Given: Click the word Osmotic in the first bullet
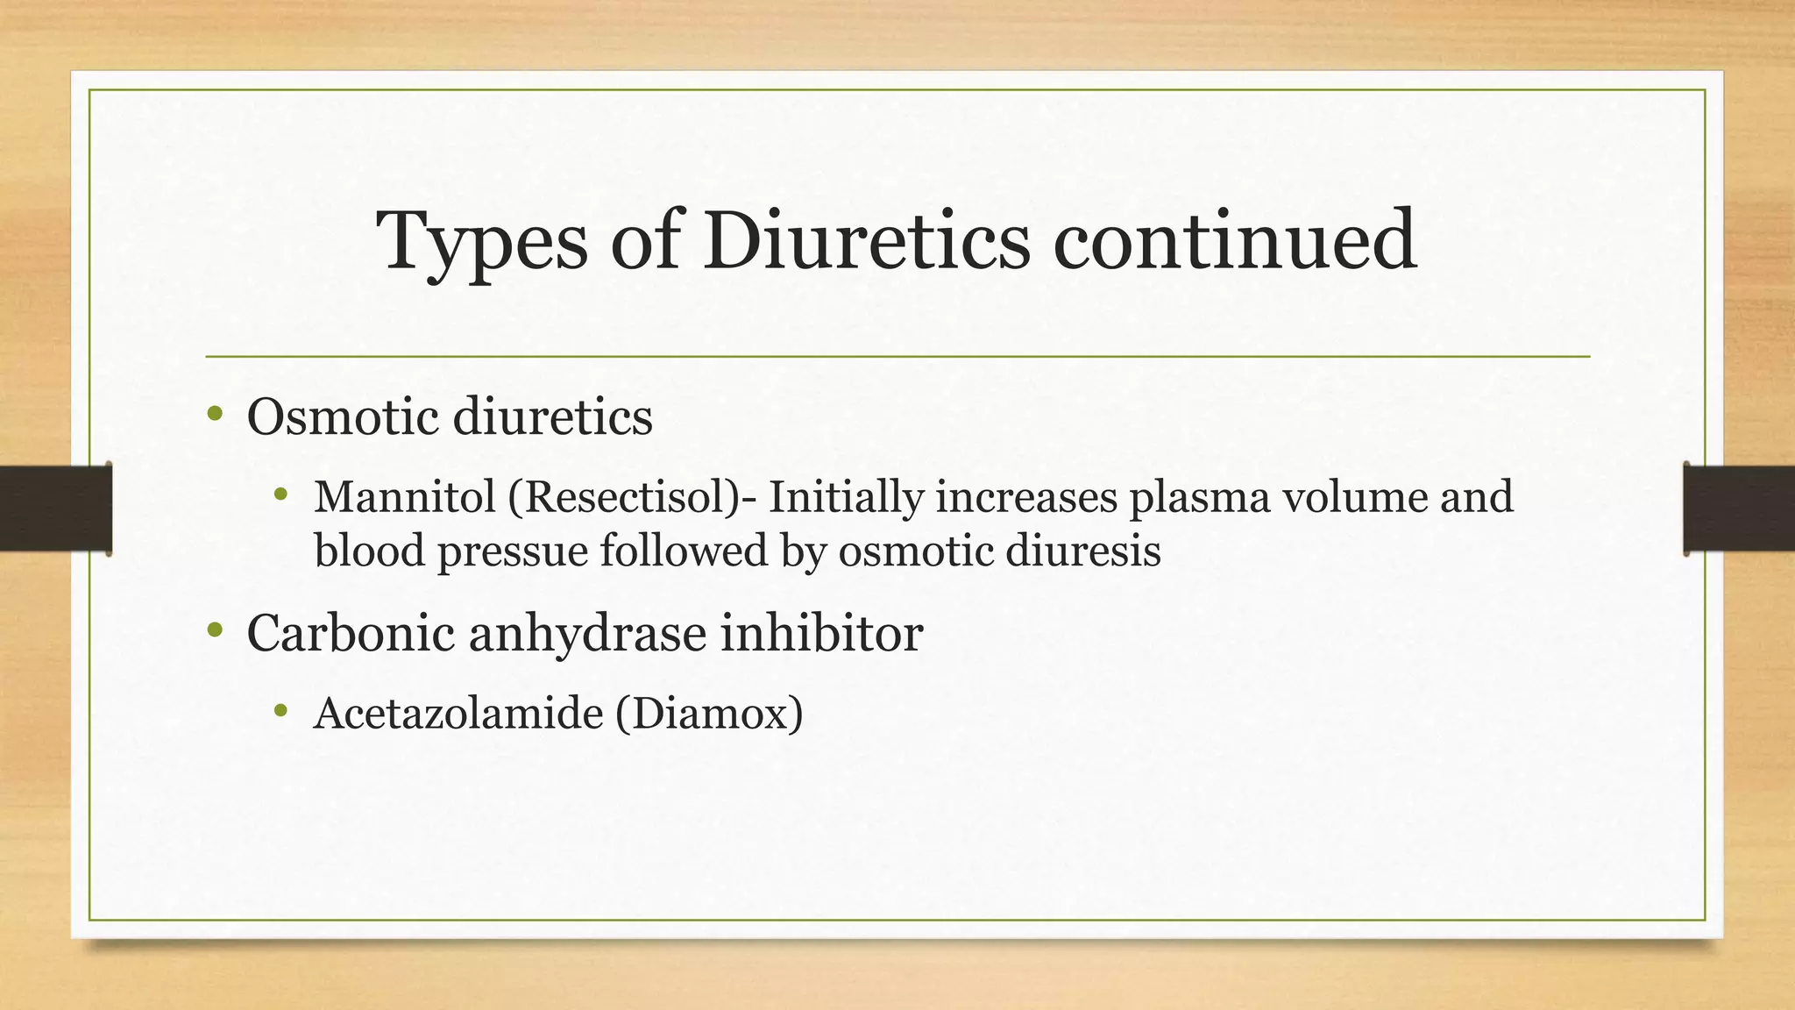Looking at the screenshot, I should (x=343, y=416).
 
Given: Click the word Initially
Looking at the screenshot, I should (x=846, y=497).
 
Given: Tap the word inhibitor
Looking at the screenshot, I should (x=821, y=632).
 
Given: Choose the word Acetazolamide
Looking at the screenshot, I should (x=458, y=714).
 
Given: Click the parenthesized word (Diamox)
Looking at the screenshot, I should (x=709, y=714).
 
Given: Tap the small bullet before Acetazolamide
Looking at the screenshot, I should (x=280, y=710).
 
